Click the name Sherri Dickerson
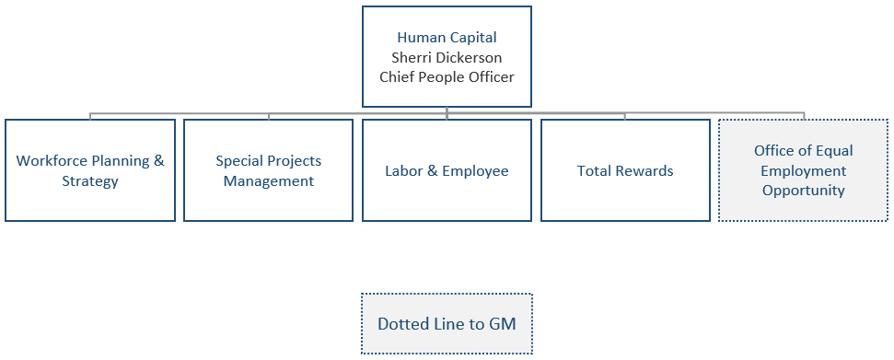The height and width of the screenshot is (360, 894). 447,57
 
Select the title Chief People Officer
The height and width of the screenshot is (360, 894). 447,76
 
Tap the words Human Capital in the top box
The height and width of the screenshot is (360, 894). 447,38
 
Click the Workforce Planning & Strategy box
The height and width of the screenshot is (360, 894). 90,170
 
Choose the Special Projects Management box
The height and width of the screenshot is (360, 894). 268,170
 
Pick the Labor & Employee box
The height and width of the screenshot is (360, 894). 447,170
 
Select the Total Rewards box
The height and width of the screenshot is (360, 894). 625,170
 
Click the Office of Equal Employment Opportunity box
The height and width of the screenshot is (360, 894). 803,170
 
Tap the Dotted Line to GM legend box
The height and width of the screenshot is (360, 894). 447,324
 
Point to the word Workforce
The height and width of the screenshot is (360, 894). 49,161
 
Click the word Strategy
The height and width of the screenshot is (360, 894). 90,181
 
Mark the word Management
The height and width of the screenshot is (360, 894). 268,181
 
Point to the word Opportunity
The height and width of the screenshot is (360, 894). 803,191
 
